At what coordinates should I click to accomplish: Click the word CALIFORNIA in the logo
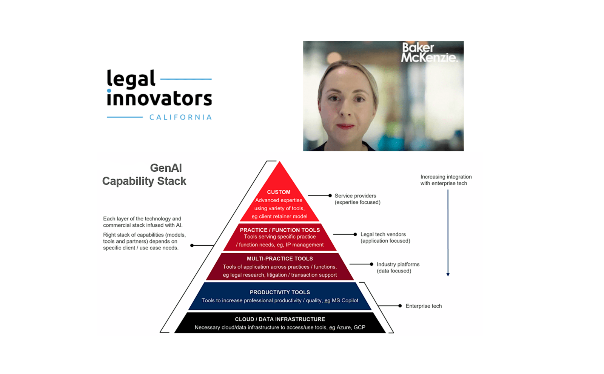180,117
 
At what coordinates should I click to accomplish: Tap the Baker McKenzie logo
429,52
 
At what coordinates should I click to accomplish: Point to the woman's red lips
345,126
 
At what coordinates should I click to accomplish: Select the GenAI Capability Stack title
145,174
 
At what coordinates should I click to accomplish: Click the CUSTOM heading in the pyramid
279,192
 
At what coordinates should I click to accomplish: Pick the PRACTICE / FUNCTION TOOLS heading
280,230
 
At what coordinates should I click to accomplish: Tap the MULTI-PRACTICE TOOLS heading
280,259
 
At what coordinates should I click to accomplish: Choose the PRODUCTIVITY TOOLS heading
280,292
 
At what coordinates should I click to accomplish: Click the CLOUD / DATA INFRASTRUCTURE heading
280,319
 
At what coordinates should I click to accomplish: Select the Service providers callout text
357,199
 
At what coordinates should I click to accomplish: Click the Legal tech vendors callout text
385,237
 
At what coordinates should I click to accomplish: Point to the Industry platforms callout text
398,268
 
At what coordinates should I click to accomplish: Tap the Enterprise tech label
424,306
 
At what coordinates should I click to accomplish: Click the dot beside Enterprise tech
400,306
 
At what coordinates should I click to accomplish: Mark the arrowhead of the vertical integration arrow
448,274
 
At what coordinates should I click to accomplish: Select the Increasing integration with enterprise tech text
446,180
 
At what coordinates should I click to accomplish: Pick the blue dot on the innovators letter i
109,91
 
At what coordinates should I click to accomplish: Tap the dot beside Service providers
330,195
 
